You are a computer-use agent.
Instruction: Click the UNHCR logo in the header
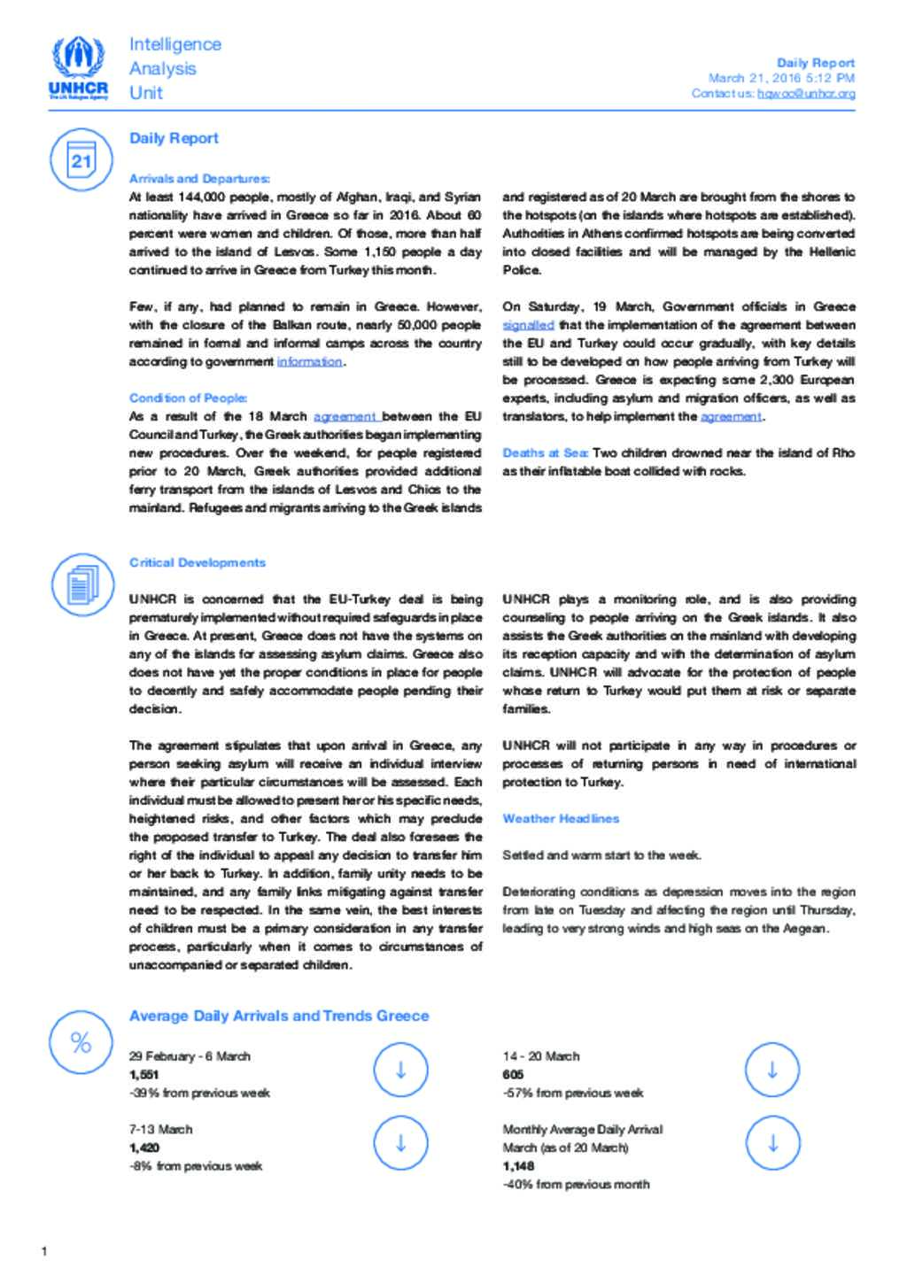tap(79, 68)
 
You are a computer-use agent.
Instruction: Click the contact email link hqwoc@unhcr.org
tap(806, 93)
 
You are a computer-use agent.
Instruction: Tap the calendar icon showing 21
tap(81, 159)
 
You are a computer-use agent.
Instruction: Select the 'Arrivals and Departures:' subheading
tap(199, 179)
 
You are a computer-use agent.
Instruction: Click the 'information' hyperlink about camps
tap(309, 361)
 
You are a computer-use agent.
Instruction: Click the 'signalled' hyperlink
tap(528, 325)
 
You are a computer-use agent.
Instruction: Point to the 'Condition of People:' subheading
tap(188, 398)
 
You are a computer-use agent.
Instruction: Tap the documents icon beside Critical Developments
tap(81, 584)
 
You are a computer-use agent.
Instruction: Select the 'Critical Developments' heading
tap(197, 562)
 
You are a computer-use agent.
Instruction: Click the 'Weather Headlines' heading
tap(561, 818)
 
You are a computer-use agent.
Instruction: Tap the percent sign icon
tap(81, 1042)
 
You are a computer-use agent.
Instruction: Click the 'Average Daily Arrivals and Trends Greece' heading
tap(278, 1016)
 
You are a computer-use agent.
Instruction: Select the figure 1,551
tap(143, 1074)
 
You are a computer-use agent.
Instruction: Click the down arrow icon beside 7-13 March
tap(400, 1143)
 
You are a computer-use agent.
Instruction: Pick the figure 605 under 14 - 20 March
tap(513, 1074)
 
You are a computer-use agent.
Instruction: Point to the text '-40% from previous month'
tap(576, 1184)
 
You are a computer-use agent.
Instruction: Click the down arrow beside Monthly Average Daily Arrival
tap(772, 1143)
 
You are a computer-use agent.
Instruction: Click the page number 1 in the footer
tap(44, 1251)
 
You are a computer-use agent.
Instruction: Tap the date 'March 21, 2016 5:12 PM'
tap(780, 78)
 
